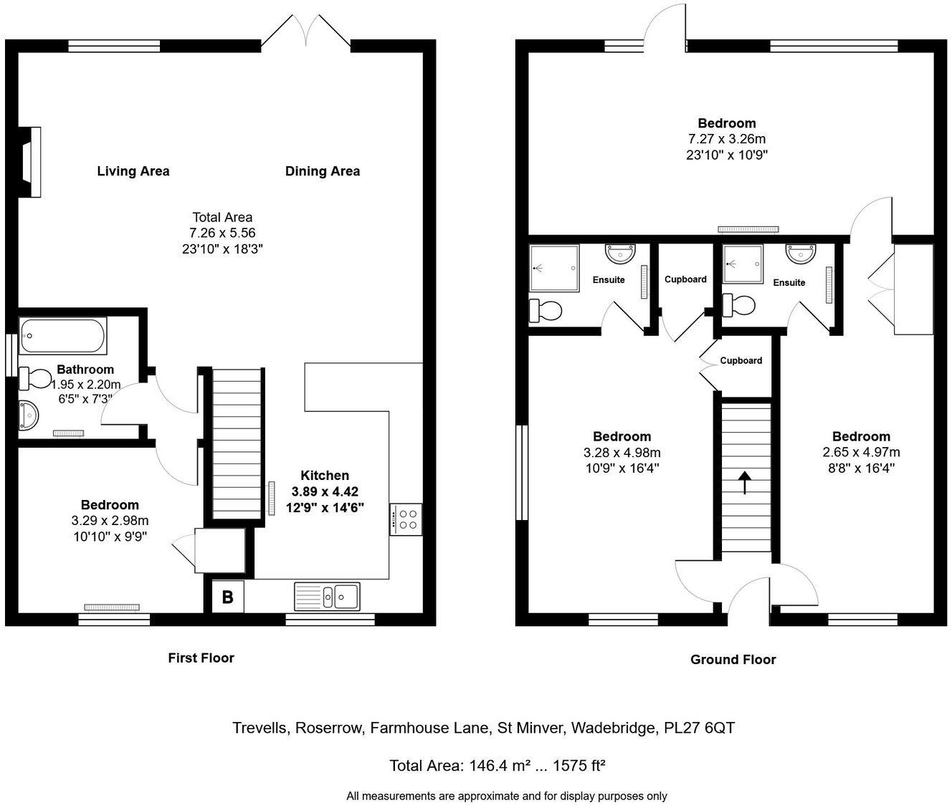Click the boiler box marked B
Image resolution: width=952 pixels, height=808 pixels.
tap(227, 597)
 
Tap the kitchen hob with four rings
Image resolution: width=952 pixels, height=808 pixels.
tap(406, 519)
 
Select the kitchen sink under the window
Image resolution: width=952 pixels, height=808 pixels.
tap(327, 596)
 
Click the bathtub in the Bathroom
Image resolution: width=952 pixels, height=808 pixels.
tap(63, 335)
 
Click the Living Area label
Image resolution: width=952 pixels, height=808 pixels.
tap(133, 171)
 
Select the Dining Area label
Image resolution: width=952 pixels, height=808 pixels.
tap(323, 171)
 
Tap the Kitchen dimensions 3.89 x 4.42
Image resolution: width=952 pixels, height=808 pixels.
tap(324, 491)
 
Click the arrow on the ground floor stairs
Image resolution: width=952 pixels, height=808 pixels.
tap(745, 483)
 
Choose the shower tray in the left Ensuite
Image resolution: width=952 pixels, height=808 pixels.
tap(553, 269)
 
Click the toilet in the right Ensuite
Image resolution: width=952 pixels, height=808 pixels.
tap(739, 305)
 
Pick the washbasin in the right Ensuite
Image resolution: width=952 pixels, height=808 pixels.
tap(800, 254)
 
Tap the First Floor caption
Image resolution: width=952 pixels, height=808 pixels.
tap(201, 658)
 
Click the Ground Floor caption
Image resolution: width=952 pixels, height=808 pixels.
tap(733, 660)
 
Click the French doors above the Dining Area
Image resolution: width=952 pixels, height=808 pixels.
tap(306, 33)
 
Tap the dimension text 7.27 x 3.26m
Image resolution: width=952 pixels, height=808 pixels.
tap(727, 139)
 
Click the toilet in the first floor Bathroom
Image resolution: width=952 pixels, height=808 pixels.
tap(36, 377)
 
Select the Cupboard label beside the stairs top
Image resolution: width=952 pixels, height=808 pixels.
tap(741, 360)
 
